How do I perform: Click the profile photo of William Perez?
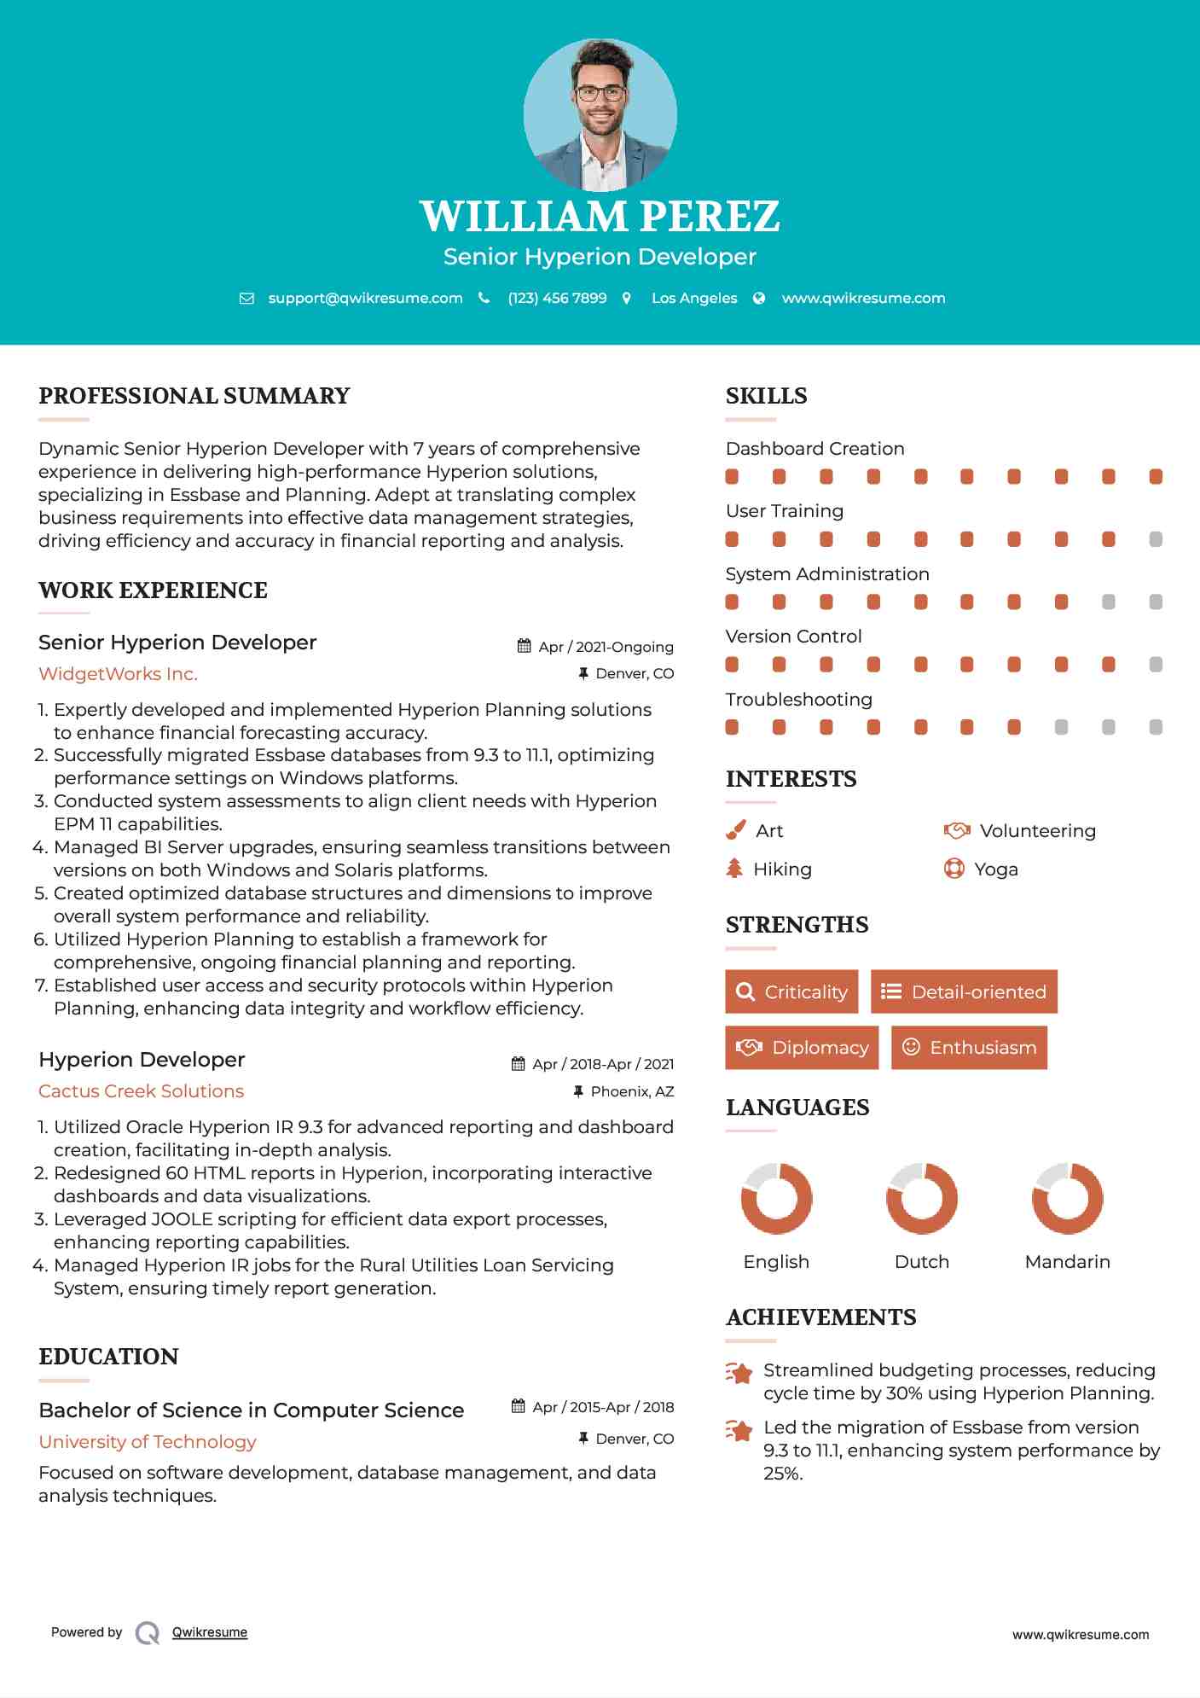(600, 115)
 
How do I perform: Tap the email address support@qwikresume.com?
(365, 298)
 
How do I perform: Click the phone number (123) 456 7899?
(557, 298)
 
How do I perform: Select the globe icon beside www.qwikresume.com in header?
(759, 298)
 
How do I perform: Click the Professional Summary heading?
(194, 396)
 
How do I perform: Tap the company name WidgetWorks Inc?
(118, 674)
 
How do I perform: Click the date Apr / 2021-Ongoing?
(606, 647)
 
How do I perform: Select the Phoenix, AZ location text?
(632, 1091)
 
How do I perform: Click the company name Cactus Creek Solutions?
(141, 1091)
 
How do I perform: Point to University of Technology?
(148, 1442)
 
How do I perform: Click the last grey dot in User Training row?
(1156, 539)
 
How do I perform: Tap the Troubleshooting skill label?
(798, 700)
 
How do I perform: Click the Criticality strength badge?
(791, 991)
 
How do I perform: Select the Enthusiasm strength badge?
(969, 1048)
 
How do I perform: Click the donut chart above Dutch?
(921, 1198)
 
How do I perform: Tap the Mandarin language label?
(1067, 1262)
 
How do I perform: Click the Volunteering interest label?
(1037, 831)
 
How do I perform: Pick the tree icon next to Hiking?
(734, 869)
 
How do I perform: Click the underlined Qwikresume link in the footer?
(210, 1632)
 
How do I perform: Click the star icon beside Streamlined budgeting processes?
(739, 1373)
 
